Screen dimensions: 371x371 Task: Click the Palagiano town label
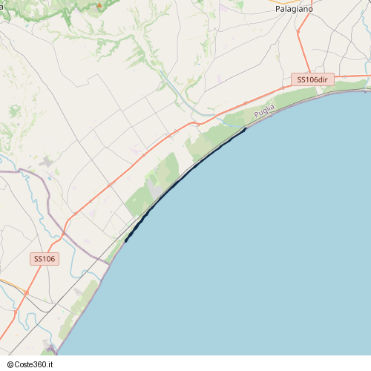(293, 8)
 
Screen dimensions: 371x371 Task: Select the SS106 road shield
(45, 259)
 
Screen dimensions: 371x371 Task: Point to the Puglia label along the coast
(263, 111)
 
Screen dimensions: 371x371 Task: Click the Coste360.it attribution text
(33, 364)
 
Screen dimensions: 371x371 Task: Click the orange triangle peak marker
(99, 4)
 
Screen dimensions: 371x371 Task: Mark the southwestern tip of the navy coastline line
(125, 241)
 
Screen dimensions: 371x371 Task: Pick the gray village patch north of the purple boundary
(48, 162)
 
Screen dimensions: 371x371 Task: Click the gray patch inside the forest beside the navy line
(156, 189)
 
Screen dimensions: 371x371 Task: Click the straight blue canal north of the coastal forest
(178, 93)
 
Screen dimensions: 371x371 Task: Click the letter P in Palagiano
(278, 8)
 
